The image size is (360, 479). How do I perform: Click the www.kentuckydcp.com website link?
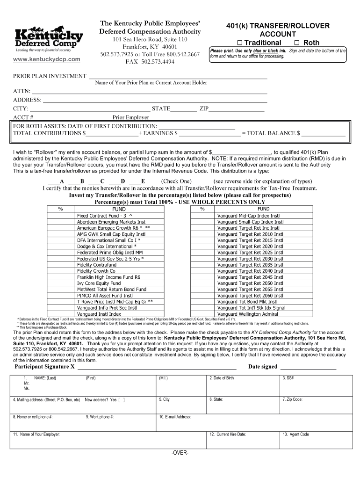(x=47, y=59)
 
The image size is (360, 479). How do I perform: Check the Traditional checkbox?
(x=240, y=43)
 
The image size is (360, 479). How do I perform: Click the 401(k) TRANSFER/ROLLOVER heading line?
(x=278, y=26)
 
